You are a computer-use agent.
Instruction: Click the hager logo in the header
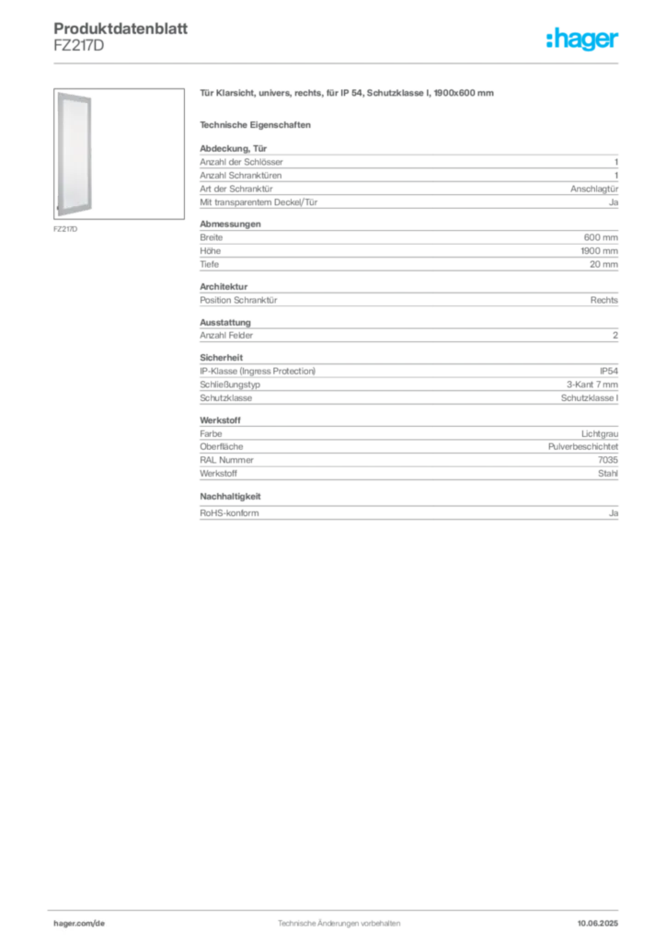coord(582,39)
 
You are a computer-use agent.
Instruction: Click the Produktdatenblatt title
coord(121,29)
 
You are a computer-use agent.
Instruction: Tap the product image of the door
coord(75,155)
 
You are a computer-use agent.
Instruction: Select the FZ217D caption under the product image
coord(65,229)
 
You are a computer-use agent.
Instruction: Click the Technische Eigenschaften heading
coord(255,125)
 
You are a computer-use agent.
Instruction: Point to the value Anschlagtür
coord(594,189)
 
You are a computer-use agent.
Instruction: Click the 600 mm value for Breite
coord(601,237)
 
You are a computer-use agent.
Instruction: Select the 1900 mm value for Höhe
coord(600,250)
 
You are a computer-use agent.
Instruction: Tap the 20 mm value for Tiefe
coord(603,264)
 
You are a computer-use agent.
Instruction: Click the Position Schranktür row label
coord(238,300)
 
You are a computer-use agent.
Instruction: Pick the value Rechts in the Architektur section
coord(604,300)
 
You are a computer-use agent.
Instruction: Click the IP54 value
coord(609,372)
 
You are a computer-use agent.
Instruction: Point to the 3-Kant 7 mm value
coord(592,385)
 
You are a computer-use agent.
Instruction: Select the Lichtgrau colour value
coord(600,434)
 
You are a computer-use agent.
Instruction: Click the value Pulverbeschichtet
coord(583,446)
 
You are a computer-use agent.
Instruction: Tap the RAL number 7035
coord(608,460)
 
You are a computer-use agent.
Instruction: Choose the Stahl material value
coord(608,474)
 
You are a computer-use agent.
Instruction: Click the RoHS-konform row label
coord(229,513)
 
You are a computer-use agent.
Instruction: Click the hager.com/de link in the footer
coord(79,924)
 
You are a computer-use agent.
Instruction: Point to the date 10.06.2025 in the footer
coord(598,924)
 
